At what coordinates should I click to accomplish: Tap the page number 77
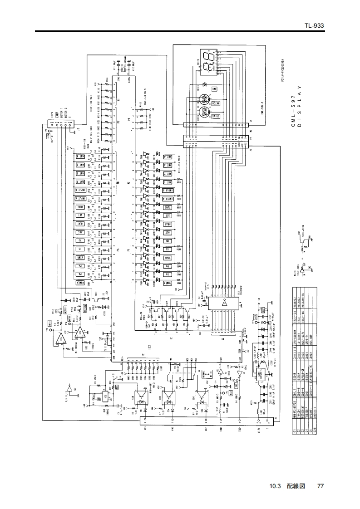click(321, 485)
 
